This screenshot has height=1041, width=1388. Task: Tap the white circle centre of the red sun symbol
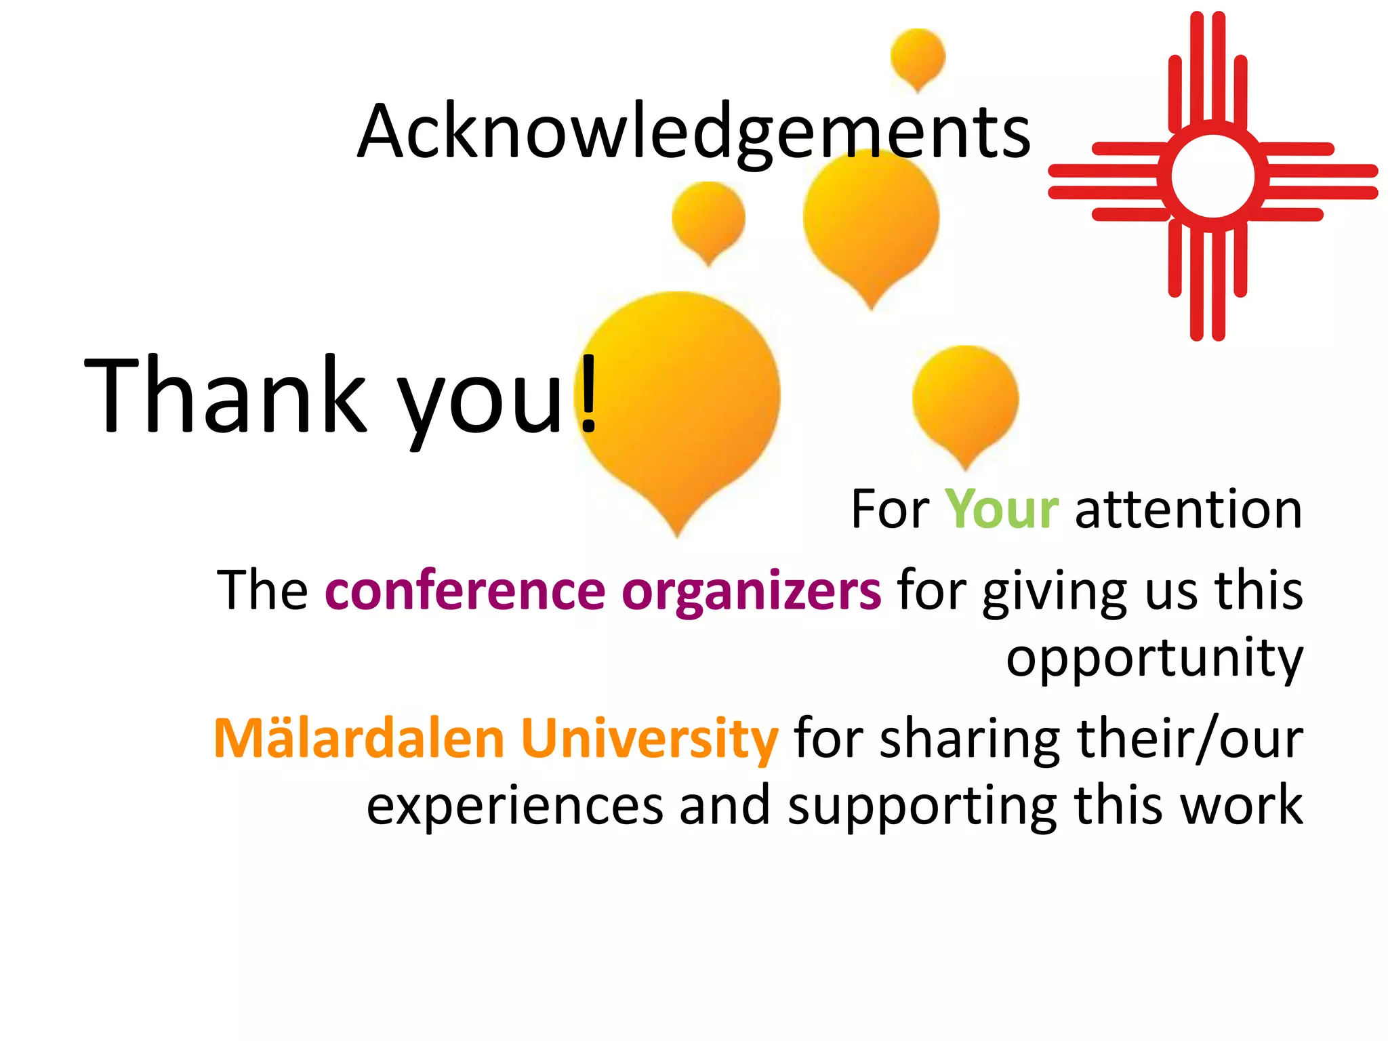[x=1212, y=176]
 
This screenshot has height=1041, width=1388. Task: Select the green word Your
[x=1001, y=509]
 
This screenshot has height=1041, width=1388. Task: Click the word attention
[x=1188, y=510]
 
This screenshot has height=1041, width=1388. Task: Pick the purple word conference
[x=465, y=590]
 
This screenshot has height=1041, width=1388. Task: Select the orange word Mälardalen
[x=359, y=738]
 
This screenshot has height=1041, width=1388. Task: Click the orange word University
[x=649, y=738]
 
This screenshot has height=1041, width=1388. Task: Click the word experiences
[x=514, y=806]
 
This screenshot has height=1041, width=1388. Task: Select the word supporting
[x=922, y=807]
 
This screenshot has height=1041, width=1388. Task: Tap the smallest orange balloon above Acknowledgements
[x=918, y=56]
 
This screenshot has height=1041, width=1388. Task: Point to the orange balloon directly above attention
[x=965, y=400]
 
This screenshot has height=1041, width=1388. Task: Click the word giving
[x=1055, y=592]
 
